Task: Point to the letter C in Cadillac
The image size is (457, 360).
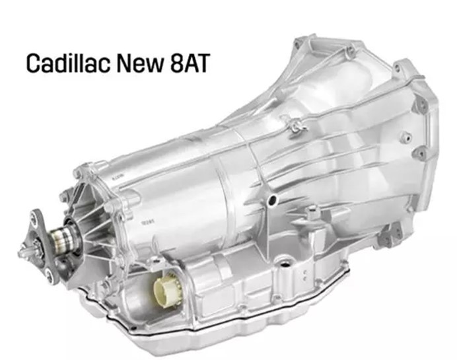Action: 32,63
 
